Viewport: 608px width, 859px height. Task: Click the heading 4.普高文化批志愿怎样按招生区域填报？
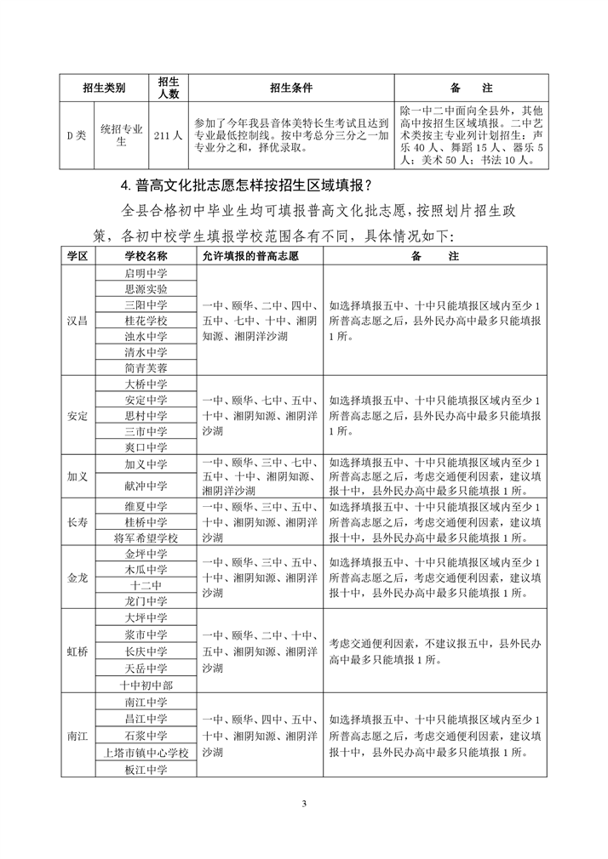click(x=246, y=185)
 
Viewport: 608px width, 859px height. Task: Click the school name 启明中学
click(x=146, y=273)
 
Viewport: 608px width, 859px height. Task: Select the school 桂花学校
click(x=146, y=321)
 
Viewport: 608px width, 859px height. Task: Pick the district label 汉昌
click(x=78, y=321)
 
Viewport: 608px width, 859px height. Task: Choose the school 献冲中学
click(x=146, y=485)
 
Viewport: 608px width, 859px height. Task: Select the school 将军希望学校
click(x=146, y=538)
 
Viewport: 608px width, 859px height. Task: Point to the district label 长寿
click(x=78, y=522)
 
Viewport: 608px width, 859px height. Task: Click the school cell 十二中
click(x=146, y=585)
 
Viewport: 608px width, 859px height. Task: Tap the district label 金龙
click(x=78, y=577)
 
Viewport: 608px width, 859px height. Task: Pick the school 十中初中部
click(x=146, y=685)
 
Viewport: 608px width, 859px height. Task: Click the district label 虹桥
click(x=78, y=652)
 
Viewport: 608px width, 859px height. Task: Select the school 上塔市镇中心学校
click(x=146, y=753)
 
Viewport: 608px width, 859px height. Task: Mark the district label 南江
click(x=78, y=737)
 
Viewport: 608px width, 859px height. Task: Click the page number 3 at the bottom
click(x=304, y=804)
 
